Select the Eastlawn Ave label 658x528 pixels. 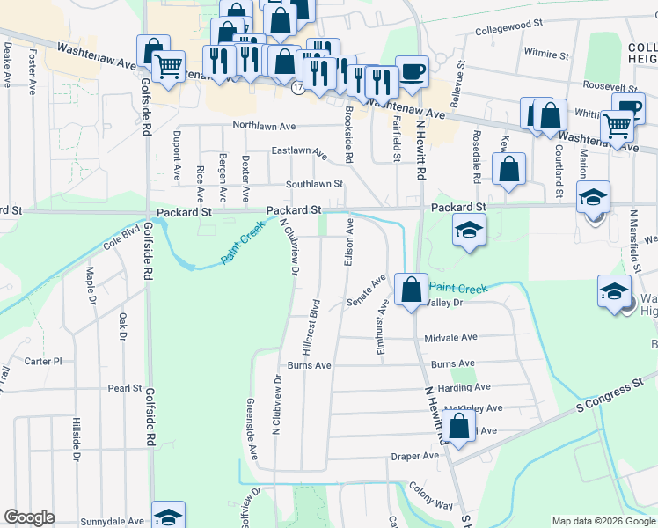pyautogui.click(x=299, y=152)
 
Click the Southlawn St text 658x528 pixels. pyautogui.click(x=314, y=184)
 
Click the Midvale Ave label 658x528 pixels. pyautogui.click(x=450, y=338)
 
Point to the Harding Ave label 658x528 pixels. pyautogui.click(x=464, y=387)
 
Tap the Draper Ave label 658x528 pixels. pyautogui.click(x=414, y=456)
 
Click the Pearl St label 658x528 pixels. pyautogui.click(x=125, y=387)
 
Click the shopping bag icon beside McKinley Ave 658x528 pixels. pyautogui.click(x=459, y=428)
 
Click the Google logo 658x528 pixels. pyautogui.click(x=29, y=517)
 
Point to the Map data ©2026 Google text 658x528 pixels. pyautogui.click(x=603, y=521)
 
